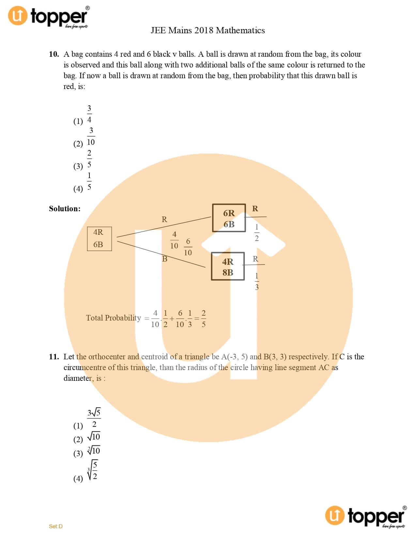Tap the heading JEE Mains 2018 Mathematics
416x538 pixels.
coord(208,30)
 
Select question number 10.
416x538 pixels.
coord(54,54)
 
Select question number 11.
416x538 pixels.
coord(54,357)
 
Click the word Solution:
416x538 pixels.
coord(65,209)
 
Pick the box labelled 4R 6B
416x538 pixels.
coord(99,239)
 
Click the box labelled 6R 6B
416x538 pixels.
coord(229,218)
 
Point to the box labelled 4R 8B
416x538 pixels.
coord(228,266)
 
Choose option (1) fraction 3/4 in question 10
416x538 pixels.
coord(89,114)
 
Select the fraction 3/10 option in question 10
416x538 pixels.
coord(91,137)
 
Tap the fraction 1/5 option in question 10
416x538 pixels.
coord(89,181)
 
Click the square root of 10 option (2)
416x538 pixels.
coord(94,437)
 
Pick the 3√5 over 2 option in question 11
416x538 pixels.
coord(94,418)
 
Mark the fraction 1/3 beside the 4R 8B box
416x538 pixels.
coord(257,281)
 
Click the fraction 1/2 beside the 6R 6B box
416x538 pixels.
coord(257,232)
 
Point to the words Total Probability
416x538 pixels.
coord(113,318)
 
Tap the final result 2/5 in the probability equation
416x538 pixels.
coord(204,319)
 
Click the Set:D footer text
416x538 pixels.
coord(56,526)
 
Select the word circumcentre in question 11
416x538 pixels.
coord(85,367)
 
